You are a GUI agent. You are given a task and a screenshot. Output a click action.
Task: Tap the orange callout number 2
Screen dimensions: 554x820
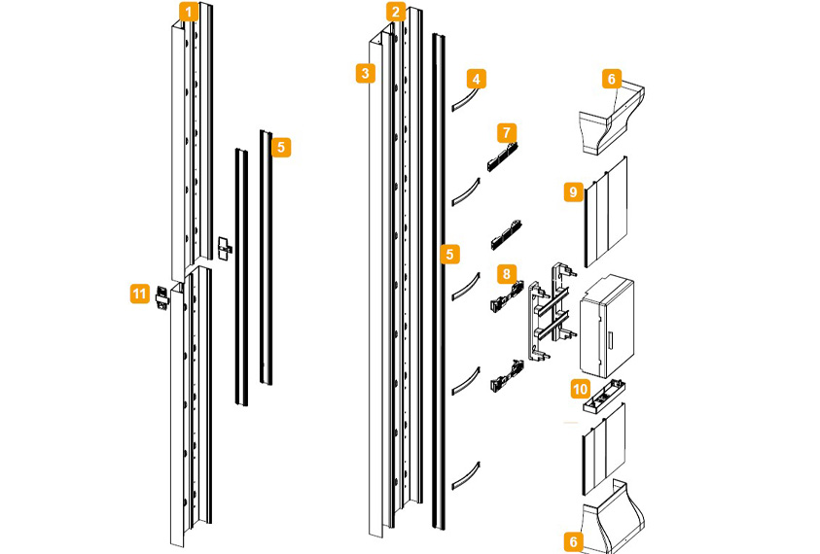pos(395,13)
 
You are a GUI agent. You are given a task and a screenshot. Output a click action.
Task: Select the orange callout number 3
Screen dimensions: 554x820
pos(365,73)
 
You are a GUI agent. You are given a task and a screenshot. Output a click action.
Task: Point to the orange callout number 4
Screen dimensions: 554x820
pos(476,78)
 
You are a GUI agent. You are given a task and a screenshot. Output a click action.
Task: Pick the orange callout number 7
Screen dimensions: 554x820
pos(507,131)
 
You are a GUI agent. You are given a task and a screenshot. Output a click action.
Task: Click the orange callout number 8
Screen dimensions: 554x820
pos(507,273)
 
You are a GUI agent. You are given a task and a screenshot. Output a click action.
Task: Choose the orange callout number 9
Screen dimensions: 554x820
pos(574,192)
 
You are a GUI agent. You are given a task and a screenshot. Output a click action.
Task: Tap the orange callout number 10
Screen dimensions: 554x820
pos(580,390)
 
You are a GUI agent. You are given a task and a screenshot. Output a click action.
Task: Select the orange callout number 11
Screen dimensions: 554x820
pos(140,292)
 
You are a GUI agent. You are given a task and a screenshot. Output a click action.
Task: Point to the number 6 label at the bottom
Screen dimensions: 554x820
pos(574,541)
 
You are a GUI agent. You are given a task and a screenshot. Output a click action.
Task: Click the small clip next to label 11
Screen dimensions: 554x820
pos(163,298)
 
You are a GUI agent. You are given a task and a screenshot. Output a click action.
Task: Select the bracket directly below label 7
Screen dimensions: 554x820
pos(504,155)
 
